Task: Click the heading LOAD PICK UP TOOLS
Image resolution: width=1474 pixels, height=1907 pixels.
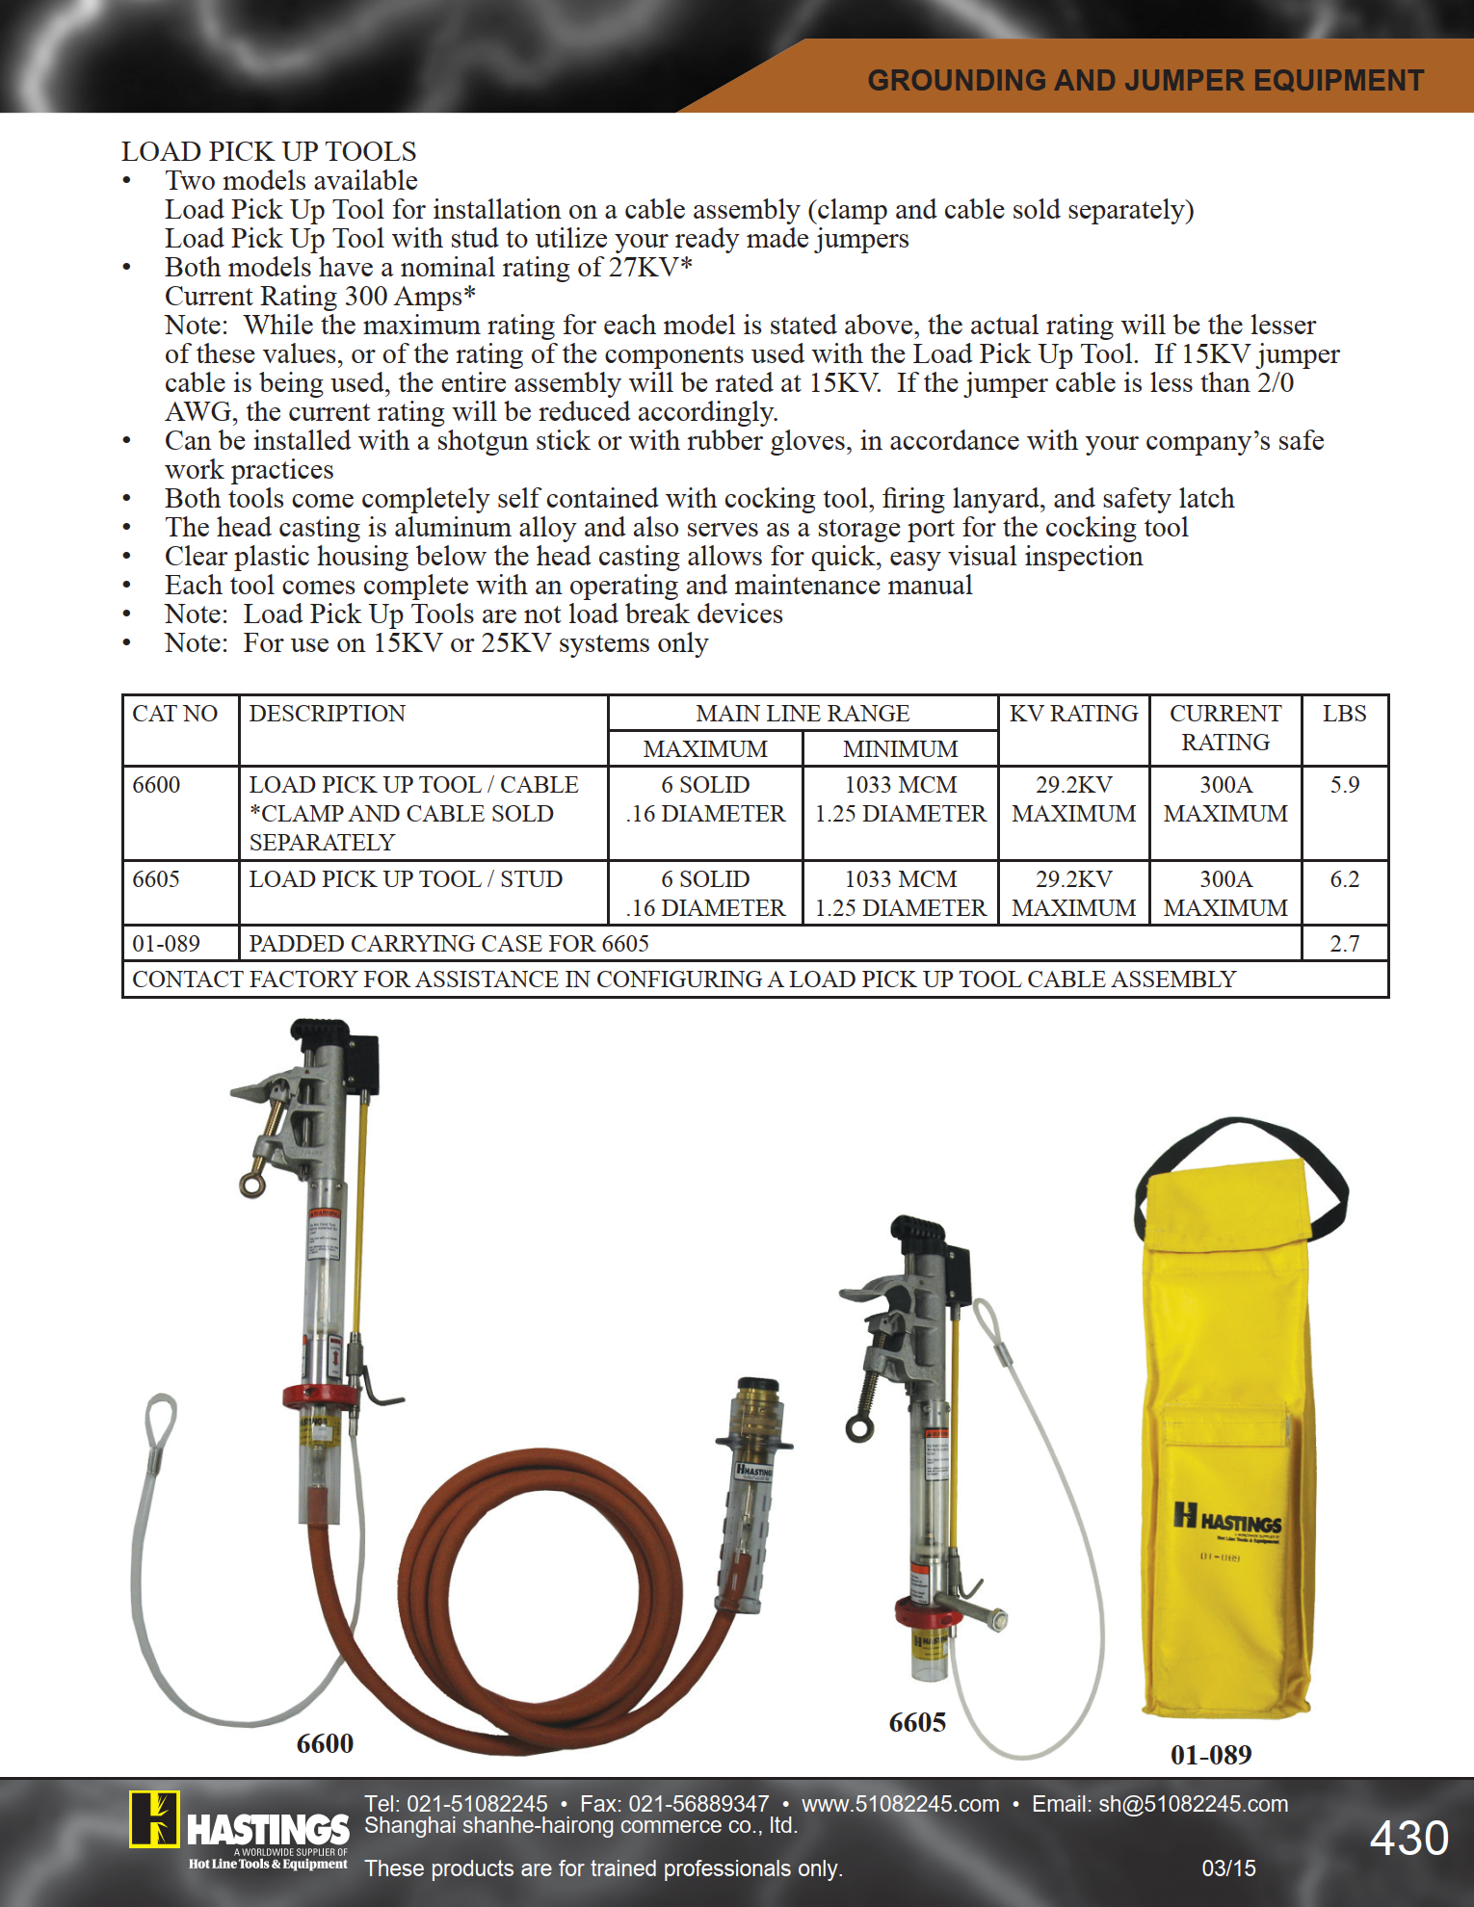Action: coord(269,151)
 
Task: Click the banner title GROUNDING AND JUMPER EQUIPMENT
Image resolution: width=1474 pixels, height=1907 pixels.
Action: coord(1145,80)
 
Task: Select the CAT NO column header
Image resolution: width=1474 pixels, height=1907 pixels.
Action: coord(174,714)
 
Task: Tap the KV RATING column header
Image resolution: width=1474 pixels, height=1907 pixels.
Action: coord(1073,714)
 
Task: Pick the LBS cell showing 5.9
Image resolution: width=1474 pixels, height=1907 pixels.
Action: coord(1344,785)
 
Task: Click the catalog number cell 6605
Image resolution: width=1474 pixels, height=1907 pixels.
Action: coord(156,879)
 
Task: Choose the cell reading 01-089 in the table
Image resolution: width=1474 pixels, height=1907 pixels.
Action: coord(166,944)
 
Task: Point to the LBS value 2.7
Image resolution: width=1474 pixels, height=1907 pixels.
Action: coord(1344,944)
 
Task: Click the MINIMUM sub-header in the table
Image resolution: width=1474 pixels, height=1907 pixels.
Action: coord(900,749)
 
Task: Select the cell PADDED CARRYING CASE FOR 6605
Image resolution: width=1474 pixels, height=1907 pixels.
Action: coord(449,944)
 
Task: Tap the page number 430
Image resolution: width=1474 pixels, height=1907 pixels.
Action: coord(1408,1838)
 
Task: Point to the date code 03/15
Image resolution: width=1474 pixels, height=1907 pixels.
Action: coord(1228,1868)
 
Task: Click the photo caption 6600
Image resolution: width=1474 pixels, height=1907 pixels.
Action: coord(325,1743)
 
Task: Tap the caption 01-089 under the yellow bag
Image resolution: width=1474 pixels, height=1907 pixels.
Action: coord(1211,1755)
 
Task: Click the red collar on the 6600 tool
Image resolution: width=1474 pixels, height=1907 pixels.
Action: coord(321,1396)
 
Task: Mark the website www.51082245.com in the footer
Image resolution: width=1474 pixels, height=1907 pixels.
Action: coord(900,1804)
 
